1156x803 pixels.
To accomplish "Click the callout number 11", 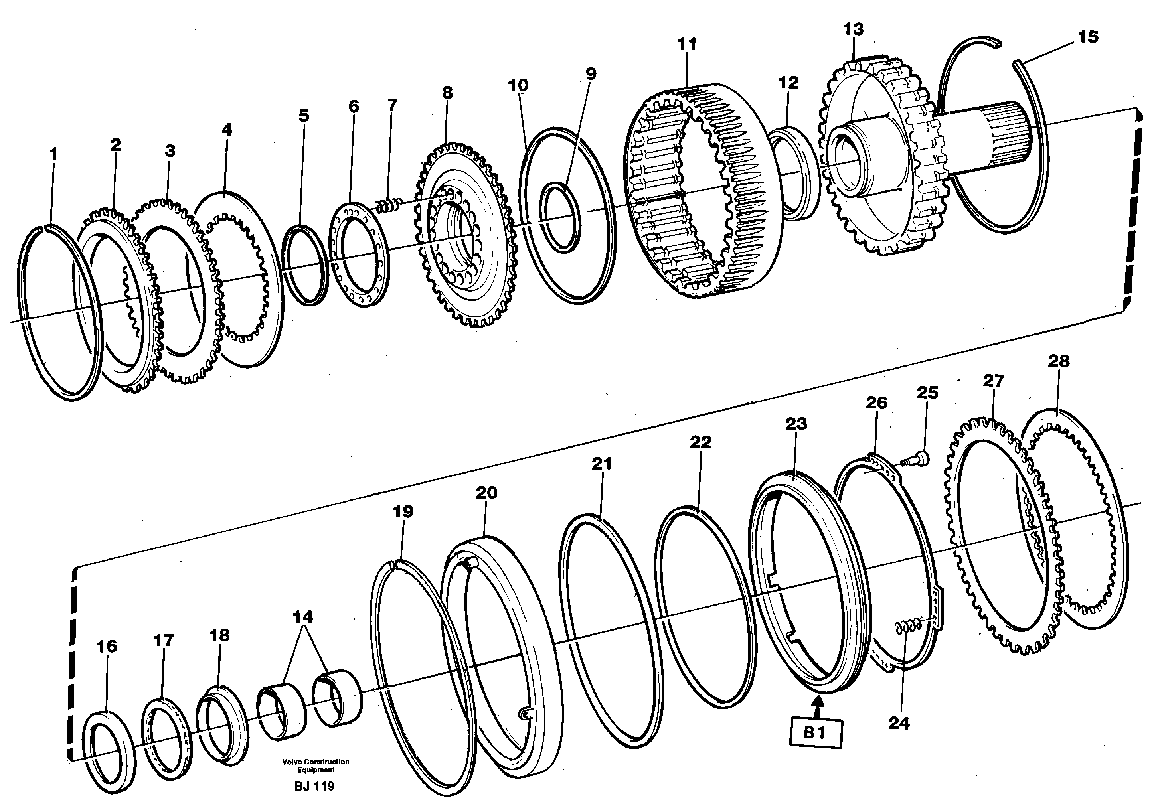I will pos(687,44).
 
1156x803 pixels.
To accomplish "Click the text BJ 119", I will pos(314,786).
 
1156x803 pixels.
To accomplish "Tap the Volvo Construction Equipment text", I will pos(316,766).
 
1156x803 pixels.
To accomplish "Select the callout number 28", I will pos(1058,361).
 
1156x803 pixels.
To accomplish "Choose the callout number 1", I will pos(54,154).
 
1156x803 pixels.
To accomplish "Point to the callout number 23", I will pos(796,424).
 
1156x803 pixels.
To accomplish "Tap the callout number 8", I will pos(447,93).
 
